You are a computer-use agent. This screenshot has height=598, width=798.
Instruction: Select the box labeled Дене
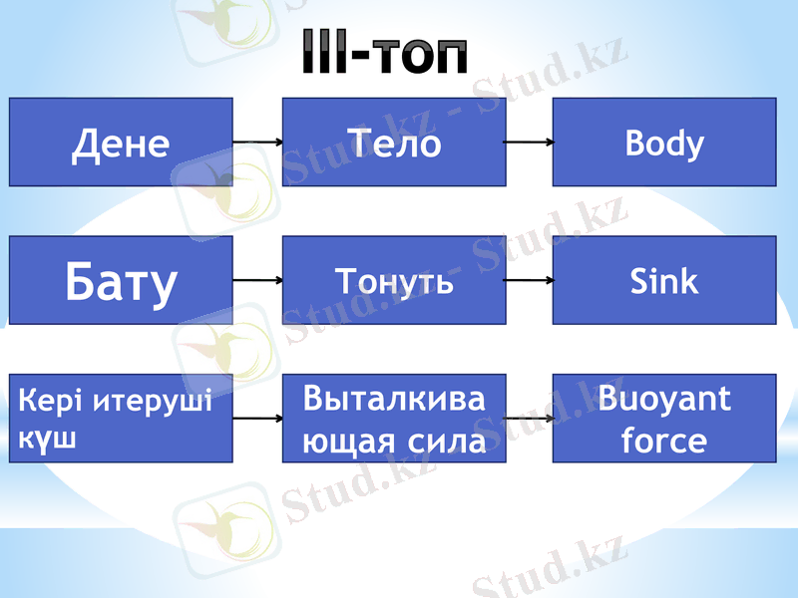tap(121, 143)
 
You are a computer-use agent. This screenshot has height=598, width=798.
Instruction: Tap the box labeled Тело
tap(394, 143)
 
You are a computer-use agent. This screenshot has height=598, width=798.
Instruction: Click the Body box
tap(664, 143)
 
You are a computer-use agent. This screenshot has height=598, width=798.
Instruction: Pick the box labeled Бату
tap(121, 281)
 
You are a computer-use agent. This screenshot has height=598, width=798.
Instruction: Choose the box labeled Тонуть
tap(394, 281)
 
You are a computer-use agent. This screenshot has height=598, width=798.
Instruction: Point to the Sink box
tap(664, 281)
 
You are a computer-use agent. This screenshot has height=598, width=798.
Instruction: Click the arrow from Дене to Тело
tap(257, 143)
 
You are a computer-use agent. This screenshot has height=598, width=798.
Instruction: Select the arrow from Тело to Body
tap(529, 143)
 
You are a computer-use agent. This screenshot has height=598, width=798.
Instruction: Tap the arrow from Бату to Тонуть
tap(257, 281)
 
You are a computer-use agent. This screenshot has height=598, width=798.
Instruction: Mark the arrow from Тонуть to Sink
tap(529, 281)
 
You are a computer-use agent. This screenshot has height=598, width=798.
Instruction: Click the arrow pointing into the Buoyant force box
tap(529, 419)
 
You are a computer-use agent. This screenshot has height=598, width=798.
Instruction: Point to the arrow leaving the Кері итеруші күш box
tap(257, 419)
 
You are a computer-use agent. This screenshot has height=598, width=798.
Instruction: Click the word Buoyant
tap(664, 400)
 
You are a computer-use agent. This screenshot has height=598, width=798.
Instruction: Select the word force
tap(664, 440)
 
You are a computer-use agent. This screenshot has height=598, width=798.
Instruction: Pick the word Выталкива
tap(394, 400)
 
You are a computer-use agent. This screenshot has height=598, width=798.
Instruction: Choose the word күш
tap(45, 440)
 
